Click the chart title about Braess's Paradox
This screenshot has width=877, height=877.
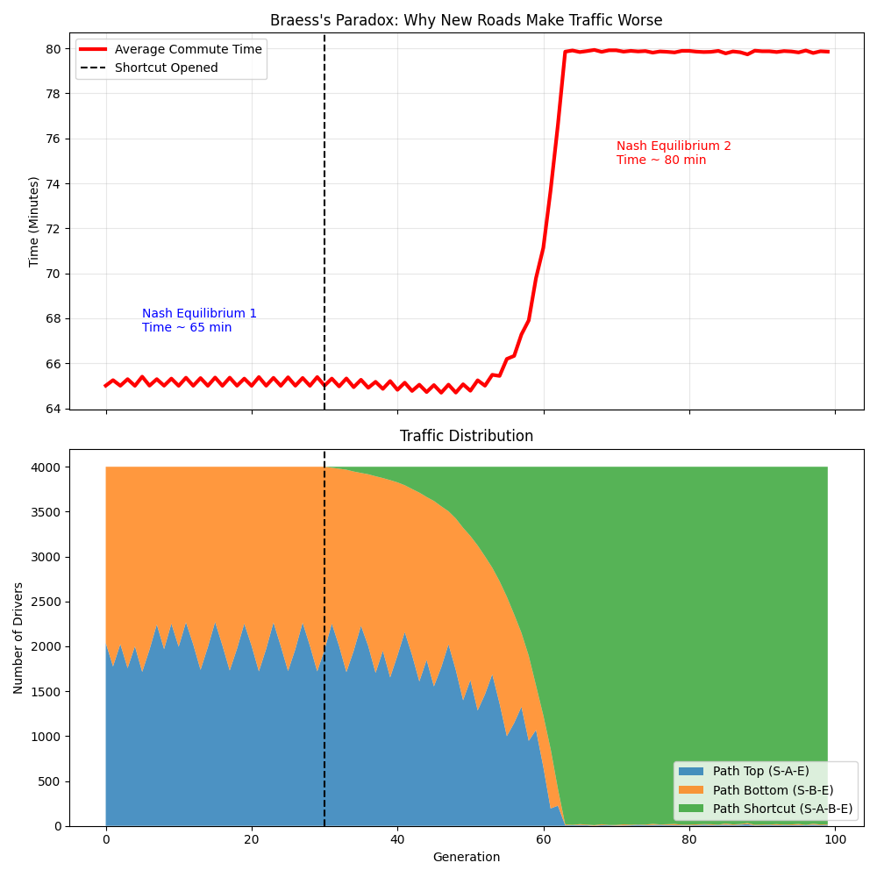(x=466, y=20)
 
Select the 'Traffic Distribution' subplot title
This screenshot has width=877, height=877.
(x=466, y=436)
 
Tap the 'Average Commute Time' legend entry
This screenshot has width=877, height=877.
(x=188, y=49)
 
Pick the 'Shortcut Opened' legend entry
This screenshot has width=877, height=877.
(x=166, y=68)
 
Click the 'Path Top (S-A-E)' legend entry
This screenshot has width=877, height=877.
(x=760, y=771)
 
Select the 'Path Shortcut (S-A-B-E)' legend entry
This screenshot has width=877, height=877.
(x=782, y=809)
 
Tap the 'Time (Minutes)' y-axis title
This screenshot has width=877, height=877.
(x=34, y=221)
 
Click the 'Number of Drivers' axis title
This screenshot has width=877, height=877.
(x=18, y=638)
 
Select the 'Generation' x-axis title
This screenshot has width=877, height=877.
(x=466, y=857)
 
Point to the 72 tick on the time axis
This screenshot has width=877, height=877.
(x=53, y=229)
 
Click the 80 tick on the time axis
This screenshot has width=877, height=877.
(x=53, y=49)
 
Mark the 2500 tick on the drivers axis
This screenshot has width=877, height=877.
(x=46, y=602)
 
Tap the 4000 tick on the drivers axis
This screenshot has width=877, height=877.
(x=46, y=467)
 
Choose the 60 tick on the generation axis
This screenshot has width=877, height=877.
(x=544, y=839)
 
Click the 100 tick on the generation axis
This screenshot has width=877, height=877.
(x=835, y=839)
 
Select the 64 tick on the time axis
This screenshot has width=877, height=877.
(x=53, y=409)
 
